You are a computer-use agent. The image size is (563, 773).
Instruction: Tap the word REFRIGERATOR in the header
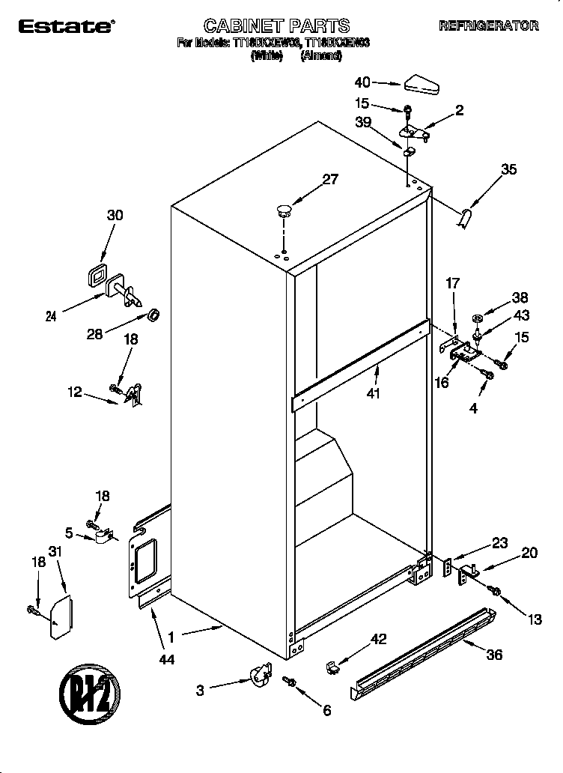pyautogui.click(x=488, y=26)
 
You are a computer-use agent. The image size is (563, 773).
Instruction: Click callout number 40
pyautogui.click(x=362, y=82)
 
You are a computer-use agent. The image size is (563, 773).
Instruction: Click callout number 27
pyautogui.click(x=330, y=179)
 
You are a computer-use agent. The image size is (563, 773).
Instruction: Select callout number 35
pyautogui.click(x=508, y=169)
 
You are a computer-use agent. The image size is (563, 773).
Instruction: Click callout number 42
pyautogui.click(x=380, y=639)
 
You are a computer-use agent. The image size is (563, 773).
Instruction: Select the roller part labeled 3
pyautogui.click(x=258, y=674)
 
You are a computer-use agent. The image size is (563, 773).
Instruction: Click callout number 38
pyautogui.click(x=519, y=297)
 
